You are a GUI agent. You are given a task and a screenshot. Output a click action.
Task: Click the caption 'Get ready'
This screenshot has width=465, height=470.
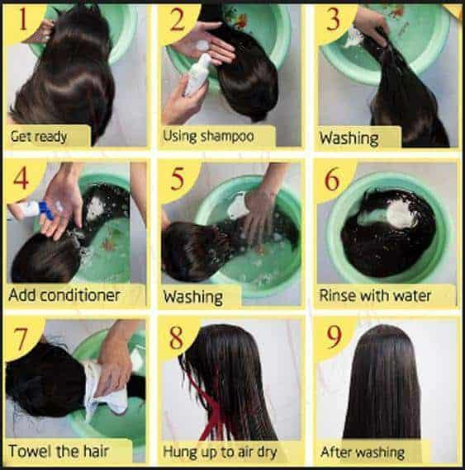coord(39,136)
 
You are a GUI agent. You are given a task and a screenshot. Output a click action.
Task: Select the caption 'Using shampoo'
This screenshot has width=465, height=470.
coord(208,136)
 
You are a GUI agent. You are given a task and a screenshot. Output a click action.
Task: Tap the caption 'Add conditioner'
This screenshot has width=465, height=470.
coord(64,294)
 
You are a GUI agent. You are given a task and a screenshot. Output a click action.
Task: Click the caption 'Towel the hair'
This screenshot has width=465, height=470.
coord(59,451)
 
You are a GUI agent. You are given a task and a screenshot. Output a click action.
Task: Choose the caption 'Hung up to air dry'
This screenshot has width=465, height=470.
coord(221,451)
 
